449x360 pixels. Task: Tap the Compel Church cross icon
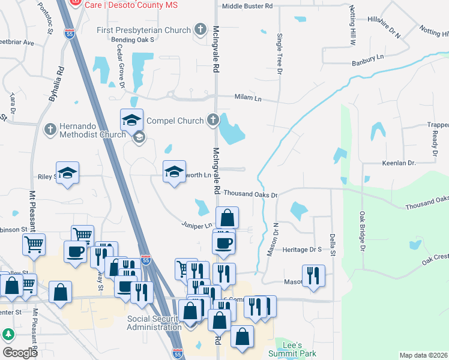[212, 121]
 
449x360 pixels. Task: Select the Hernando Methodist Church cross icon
[50, 129]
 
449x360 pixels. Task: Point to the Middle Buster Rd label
[247, 6]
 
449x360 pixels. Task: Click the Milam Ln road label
[249, 98]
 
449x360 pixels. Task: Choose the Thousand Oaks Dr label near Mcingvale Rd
[250, 194]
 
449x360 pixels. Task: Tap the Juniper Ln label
[197, 226]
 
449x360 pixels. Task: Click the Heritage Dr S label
[303, 248]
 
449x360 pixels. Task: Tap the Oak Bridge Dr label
[363, 230]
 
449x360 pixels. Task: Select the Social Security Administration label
[154, 323]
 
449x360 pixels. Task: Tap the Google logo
[20, 353]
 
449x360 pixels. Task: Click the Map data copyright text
[423, 355]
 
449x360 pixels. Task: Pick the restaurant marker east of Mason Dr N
[313, 275]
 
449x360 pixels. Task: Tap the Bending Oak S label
[133, 40]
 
